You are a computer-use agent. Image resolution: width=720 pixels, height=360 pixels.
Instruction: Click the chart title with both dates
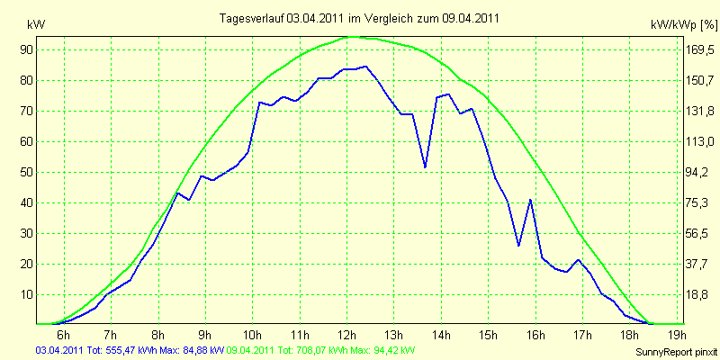[x=359, y=18]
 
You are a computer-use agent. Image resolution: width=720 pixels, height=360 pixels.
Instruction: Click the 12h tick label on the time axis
[x=347, y=334]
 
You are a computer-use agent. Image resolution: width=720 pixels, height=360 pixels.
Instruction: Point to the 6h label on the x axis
[x=63, y=334]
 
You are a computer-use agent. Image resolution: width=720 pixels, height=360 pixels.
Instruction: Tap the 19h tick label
[x=678, y=334]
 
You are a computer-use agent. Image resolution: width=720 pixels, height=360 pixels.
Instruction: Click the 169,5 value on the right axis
[x=698, y=49]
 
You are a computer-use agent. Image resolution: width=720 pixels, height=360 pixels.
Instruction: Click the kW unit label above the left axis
[x=36, y=25]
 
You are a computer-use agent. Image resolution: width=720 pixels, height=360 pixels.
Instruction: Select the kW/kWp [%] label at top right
[x=684, y=25]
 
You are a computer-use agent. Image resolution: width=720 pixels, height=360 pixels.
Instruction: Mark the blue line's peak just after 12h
[x=365, y=66]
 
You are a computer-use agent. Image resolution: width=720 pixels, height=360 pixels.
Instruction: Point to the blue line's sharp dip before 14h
[x=425, y=167]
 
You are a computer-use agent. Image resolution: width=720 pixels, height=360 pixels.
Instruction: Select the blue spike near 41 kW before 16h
[x=530, y=200]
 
